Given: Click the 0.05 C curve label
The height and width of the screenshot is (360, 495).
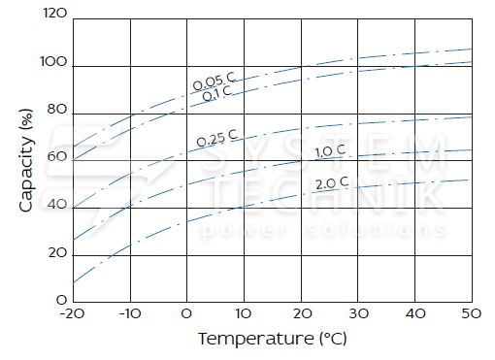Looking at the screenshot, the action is point(214,82).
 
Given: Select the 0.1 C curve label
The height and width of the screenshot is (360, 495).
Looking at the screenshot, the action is point(217,93).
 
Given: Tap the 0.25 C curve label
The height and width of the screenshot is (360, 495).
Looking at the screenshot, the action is point(216,138).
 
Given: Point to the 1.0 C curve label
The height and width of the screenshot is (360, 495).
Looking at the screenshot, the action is point(330,151).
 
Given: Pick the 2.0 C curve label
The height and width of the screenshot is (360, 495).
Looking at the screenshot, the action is point(332,183).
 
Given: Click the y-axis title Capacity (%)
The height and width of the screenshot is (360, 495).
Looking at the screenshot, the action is point(26,160).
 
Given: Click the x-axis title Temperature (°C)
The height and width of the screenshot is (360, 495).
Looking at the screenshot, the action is point(273,339).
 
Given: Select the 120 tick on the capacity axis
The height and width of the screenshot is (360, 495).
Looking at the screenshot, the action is point(54,14).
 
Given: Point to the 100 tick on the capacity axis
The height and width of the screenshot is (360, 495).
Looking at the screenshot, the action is point(53,61).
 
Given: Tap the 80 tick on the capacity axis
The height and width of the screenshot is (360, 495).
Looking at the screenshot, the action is point(57,110).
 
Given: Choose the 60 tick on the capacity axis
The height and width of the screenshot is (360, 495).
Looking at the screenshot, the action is point(57,156).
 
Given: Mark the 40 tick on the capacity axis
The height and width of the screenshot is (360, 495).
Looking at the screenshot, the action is point(57,205).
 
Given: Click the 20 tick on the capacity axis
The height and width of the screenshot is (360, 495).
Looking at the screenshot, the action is point(57,252).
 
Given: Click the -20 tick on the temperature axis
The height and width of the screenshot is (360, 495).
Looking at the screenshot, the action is point(72,313).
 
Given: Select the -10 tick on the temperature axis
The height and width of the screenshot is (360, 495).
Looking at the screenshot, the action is point(130,313).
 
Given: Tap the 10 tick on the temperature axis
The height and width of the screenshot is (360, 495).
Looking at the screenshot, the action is point(244,313).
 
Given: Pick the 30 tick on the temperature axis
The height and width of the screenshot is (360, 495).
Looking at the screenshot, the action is point(358,313).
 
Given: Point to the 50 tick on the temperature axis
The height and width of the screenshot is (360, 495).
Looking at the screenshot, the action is point(472,313).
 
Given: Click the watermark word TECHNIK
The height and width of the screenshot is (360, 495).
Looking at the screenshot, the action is point(327,195).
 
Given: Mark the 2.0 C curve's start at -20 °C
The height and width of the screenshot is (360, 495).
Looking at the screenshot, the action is point(74,282).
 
